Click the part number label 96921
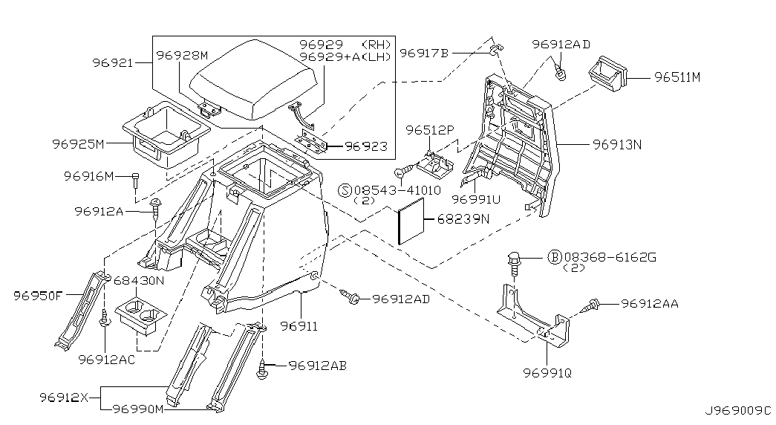coord(113,63)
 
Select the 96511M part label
coord(677,77)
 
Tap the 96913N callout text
coord(617,145)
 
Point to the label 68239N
coord(463,218)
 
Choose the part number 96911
coord(299,326)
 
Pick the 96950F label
coord(38,296)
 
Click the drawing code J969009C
coord(738,411)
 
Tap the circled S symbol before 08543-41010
coord(345,190)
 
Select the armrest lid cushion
coord(253,80)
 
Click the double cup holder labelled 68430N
coord(141,316)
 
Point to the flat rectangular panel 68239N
coord(411,221)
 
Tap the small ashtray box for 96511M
coord(607,74)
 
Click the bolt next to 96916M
coord(136,181)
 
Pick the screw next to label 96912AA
coord(591,305)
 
